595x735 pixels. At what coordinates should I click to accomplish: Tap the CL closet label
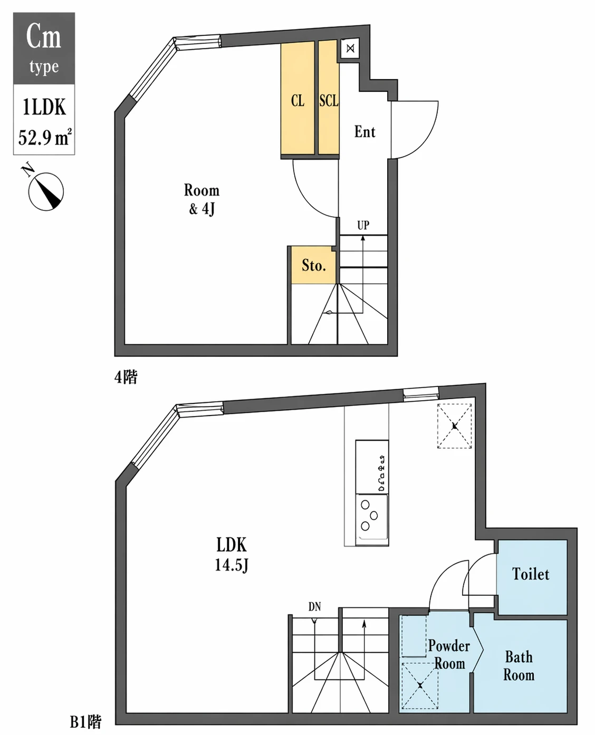(x=298, y=101)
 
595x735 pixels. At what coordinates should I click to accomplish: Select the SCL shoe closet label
(x=328, y=101)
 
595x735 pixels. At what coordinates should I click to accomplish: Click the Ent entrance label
(x=364, y=132)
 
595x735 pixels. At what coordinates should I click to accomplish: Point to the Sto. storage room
(x=313, y=265)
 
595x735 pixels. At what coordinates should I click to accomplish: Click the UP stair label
(x=363, y=226)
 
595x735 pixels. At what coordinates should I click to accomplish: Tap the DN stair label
(x=314, y=607)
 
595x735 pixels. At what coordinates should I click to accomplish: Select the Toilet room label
(x=531, y=574)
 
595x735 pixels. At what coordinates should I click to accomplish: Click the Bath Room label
(x=519, y=666)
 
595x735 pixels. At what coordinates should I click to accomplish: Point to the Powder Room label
(x=449, y=654)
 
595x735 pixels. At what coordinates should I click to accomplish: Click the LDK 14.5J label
(x=231, y=554)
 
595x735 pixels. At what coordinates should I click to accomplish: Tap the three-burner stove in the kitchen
(x=371, y=515)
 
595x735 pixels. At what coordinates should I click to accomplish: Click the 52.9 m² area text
(x=44, y=138)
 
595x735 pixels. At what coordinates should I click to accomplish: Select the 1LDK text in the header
(x=44, y=107)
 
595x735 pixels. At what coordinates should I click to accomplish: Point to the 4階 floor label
(x=126, y=377)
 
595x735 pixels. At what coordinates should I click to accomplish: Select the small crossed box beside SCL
(x=350, y=49)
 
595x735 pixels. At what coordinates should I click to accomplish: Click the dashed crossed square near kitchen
(x=454, y=426)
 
